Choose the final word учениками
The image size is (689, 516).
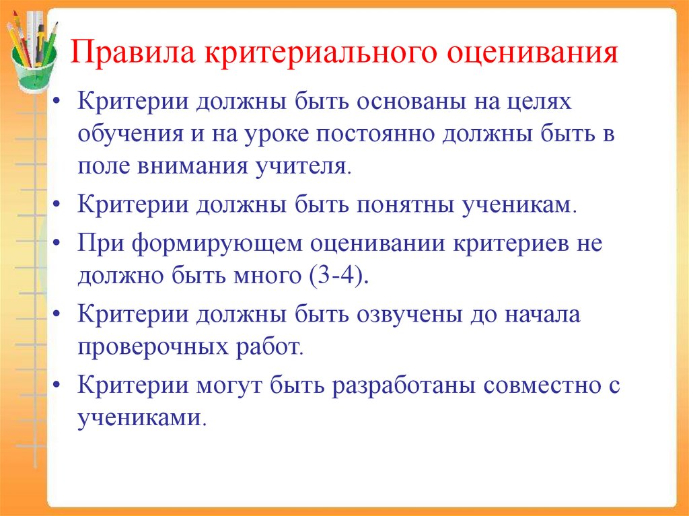pyautogui.click(x=139, y=418)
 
